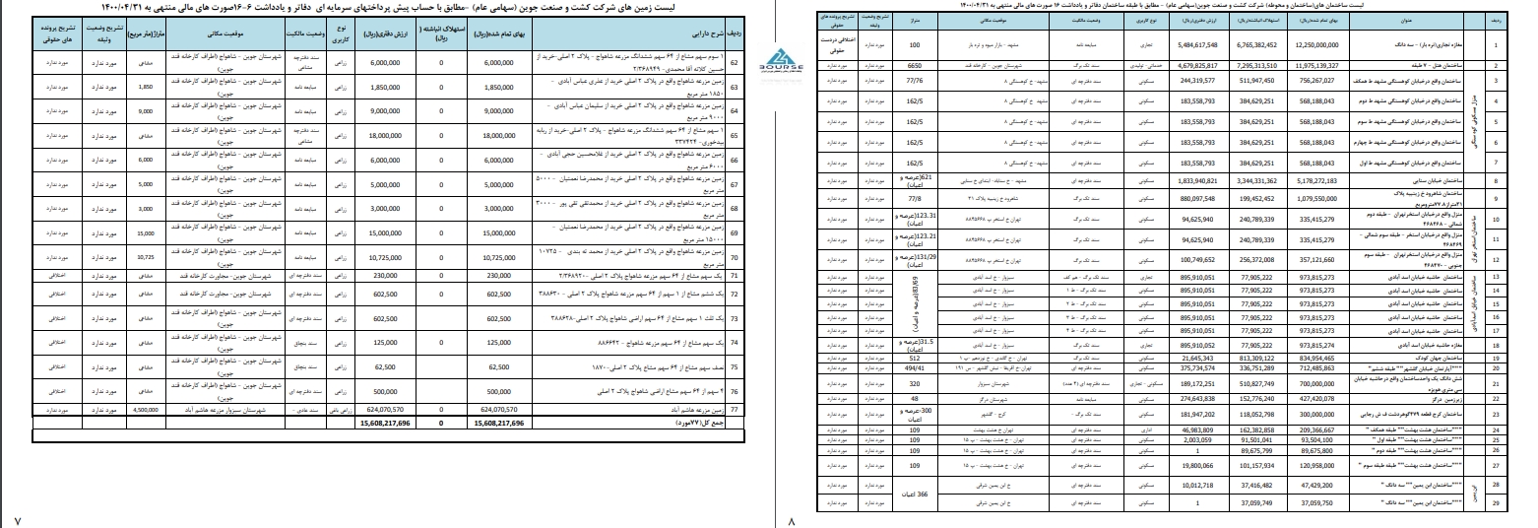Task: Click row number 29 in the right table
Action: pos(1496,503)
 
